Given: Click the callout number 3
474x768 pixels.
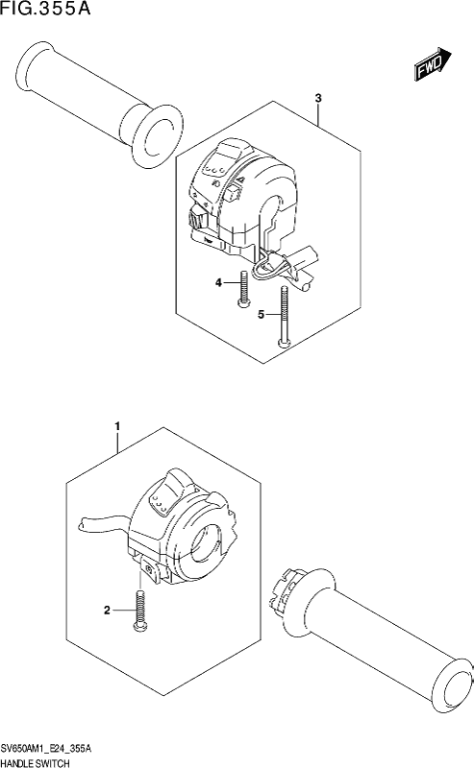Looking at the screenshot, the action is pos(318,99).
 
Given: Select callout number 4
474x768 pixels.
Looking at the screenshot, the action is pos(218,282).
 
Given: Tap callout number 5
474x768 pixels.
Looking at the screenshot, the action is pos(262,315).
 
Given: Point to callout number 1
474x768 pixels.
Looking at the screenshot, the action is pos(117,427).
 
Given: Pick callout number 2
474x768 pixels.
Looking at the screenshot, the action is pos(107,611).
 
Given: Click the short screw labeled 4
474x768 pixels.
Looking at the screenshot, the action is pos(243,290).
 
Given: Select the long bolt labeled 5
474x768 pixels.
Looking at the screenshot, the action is pos(284,317).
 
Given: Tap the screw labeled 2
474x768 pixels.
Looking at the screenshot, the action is pos(138,611).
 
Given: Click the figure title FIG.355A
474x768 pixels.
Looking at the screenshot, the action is pos(45,9).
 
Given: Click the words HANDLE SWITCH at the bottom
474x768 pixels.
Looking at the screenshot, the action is pos(35,762).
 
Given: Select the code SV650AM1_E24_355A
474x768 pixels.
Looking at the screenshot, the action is pos(46,750).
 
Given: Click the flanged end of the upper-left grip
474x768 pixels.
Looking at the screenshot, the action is pos(156,136).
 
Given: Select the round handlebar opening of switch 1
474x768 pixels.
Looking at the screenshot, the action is pos(205,542).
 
